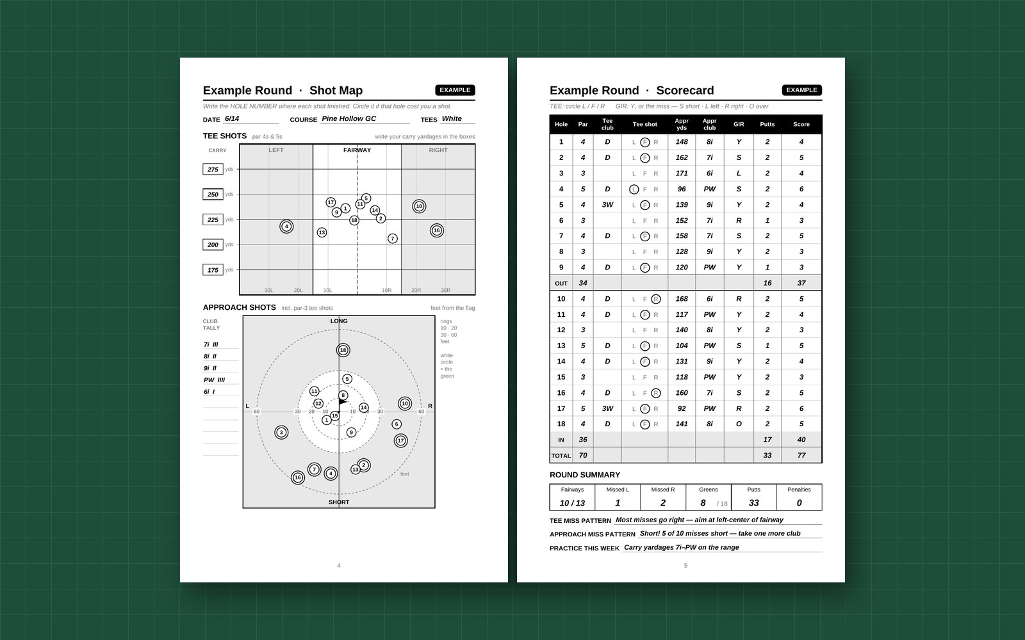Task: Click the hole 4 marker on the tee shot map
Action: pyautogui.click(x=286, y=227)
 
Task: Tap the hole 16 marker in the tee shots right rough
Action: pyautogui.click(x=436, y=230)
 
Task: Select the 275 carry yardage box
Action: pyautogui.click(x=213, y=169)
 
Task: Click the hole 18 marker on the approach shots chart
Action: pyautogui.click(x=343, y=350)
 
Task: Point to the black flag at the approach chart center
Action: pyautogui.click(x=342, y=402)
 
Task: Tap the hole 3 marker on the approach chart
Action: pyautogui.click(x=281, y=433)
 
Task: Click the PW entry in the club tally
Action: pyautogui.click(x=214, y=380)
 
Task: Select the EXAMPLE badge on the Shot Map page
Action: pyautogui.click(x=455, y=90)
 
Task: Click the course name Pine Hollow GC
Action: pyautogui.click(x=348, y=118)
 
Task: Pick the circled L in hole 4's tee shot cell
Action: pyautogui.click(x=634, y=189)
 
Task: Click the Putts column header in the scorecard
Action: pyautogui.click(x=767, y=124)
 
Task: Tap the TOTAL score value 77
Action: pyautogui.click(x=801, y=455)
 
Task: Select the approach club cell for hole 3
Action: pyautogui.click(x=709, y=173)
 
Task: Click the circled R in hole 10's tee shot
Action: pyautogui.click(x=656, y=299)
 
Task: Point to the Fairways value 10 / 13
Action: pyautogui.click(x=572, y=503)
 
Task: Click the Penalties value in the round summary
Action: pyautogui.click(x=799, y=503)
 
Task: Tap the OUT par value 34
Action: pyautogui.click(x=582, y=283)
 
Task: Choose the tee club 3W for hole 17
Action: pyautogui.click(x=607, y=409)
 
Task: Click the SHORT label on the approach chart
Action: pyautogui.click(x=339, y=502)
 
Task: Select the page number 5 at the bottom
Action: pyautogui.click(x=685, y=566)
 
